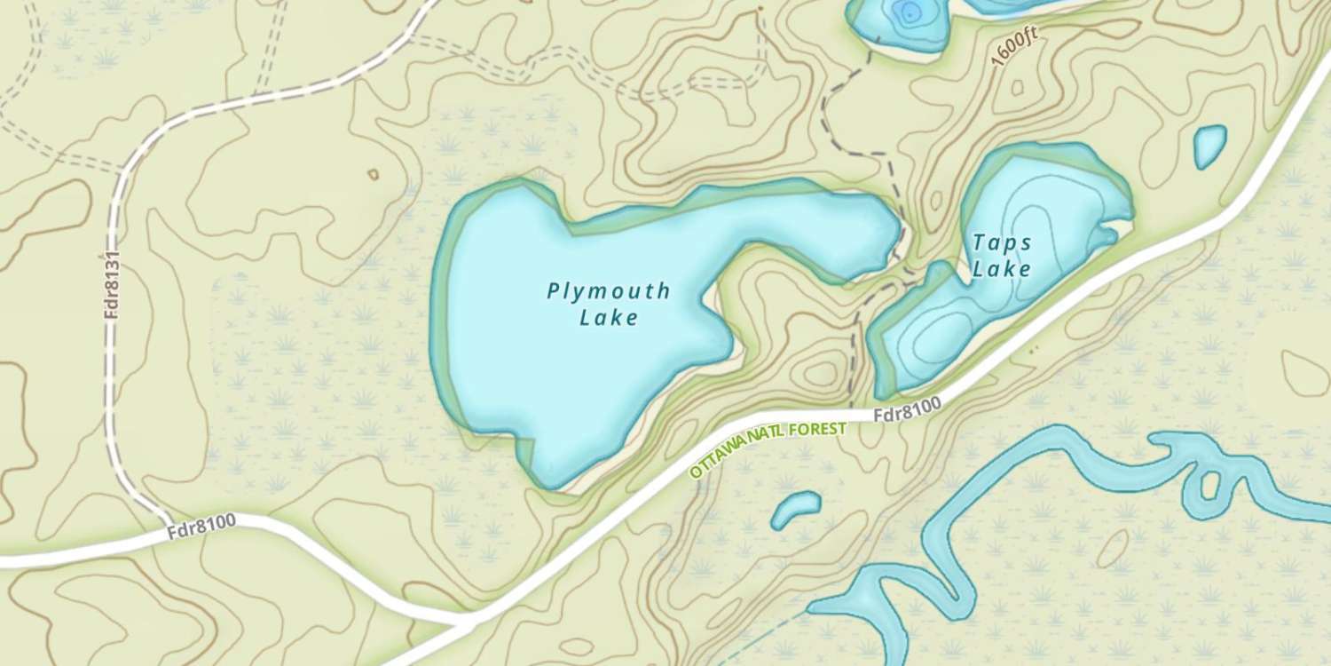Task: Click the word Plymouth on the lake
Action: (x=608, y=290)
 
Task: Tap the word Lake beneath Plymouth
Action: (x=609, y=317)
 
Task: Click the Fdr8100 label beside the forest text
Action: (x=906, y=410)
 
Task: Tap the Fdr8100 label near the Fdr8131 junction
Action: (x=201, y=527)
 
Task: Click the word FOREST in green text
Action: (x=816, y=430)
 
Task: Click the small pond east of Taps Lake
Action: (x=1209, y=146)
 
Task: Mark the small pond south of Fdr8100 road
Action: (x=795, y=509)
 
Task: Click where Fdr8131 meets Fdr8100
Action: (x=169, y=519)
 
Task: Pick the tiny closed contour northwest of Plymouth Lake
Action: (x=373, y=174)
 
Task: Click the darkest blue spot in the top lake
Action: (x=907, y=11)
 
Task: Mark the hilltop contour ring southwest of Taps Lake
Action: (x=821, y=373)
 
